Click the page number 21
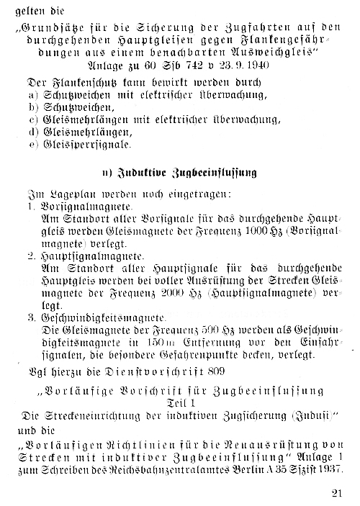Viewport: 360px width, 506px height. click(339, 492)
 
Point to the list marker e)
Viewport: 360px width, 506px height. click(32, 144)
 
